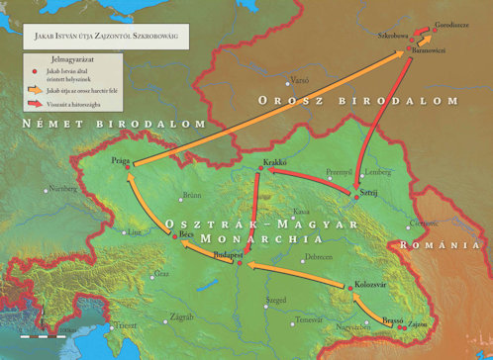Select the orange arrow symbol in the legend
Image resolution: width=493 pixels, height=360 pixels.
pos(34,89)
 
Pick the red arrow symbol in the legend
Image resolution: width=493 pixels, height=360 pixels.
pos(34,101)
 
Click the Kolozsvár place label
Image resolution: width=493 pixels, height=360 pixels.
pos(371,285)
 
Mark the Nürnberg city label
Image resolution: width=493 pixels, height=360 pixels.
pos(62,189)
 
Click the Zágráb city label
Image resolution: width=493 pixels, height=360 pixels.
pos(182,316)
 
